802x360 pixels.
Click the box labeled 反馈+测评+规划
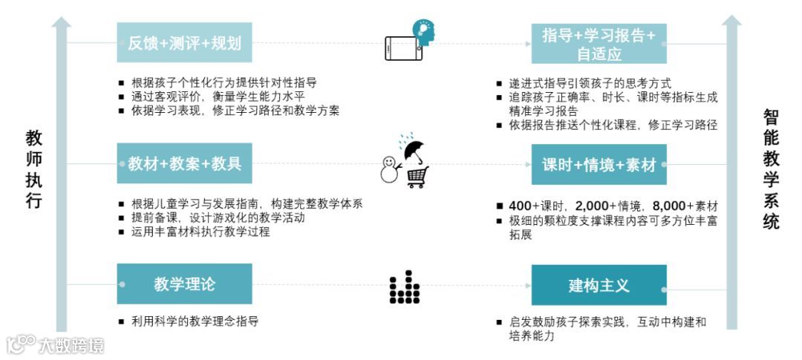tap(184, 43)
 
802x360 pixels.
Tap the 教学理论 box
tap(184, 284)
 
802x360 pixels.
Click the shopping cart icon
tap(417, 177)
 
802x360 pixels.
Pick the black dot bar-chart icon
tap(405, 287)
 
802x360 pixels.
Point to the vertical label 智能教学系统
tap(771, 168)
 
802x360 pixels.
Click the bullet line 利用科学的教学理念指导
tap(195, 321)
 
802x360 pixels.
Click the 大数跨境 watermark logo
tap(56, 345)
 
